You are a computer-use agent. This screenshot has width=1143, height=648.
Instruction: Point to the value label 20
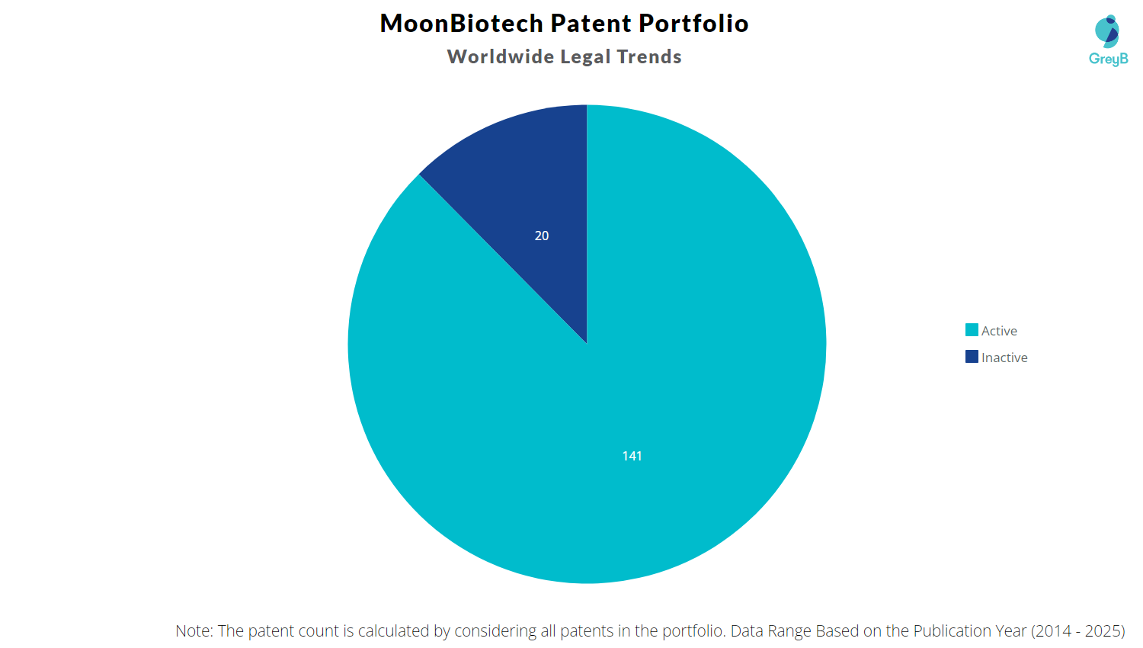pyautogui.click(x=542, y=236)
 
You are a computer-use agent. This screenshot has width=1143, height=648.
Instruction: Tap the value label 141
pyautogui.click(x=632, y=456)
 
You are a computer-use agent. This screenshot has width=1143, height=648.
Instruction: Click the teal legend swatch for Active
pyautogui.click(x=972, y=330)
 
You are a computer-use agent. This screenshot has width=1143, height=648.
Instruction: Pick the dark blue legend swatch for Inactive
pyautogui.click(x=972, y=357)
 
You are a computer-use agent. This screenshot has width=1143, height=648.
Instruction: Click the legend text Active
pyautogui.click(x=999, y=331)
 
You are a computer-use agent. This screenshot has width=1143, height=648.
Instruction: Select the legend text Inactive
pyautogui.click(x=1004, y=358)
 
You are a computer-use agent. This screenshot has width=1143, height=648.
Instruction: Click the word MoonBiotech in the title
pyautogui.click(x=461, y=24)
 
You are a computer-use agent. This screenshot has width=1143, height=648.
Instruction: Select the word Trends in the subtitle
pyautogui.click(x=649, y=57)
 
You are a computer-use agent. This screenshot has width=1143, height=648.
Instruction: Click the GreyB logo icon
pyautogui.click(x=1107, y=30)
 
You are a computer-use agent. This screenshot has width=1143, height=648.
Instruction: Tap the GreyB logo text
pyautogui.click(x=1108, y=59)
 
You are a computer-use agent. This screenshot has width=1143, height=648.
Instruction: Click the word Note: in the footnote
pyautogui.click(x=194, y=631)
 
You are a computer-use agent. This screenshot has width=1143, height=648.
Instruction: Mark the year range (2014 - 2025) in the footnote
pyautogui.click(x=1077, y=631)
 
